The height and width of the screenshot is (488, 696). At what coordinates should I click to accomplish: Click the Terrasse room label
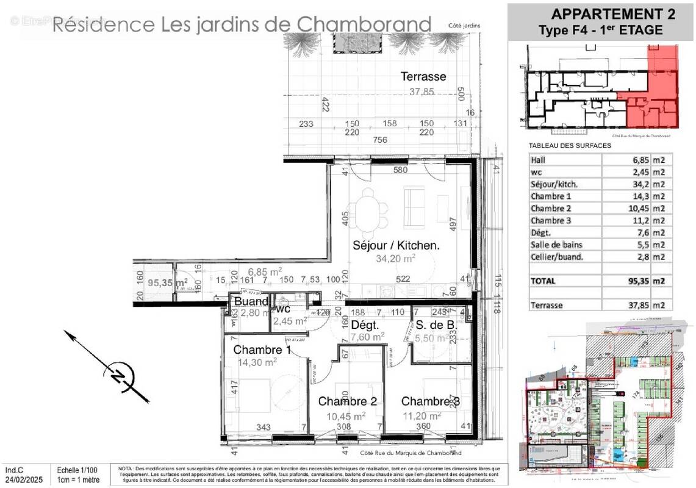point(423,77)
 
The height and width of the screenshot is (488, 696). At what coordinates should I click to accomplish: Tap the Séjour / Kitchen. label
point(396,245)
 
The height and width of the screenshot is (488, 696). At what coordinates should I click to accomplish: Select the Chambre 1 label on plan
point(262,350)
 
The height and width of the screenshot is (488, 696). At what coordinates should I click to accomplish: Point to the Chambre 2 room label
point(347,401)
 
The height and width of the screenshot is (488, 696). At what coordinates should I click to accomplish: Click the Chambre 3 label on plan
point(430,401)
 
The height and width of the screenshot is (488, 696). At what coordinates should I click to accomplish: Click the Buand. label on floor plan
point(251,301)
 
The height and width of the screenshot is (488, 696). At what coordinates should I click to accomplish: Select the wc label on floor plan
point(282,309)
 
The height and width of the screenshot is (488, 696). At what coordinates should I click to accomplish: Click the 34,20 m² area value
point(396,259)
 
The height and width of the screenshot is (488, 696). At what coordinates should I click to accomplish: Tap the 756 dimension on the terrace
point(380,140)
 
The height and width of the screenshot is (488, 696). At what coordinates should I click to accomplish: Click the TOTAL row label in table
point(543,281)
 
